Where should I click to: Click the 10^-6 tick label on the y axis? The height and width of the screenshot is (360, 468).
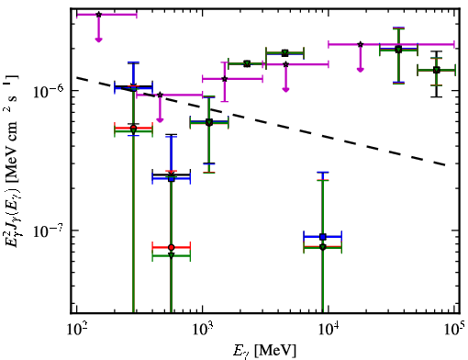(48, 91)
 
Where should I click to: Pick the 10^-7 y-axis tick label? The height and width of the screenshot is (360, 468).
(48, 231)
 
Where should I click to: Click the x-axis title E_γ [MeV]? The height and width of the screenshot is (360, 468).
(265, 351)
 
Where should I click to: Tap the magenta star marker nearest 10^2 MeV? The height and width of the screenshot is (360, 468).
(98, 15)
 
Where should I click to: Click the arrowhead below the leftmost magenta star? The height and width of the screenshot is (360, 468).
(98, 39)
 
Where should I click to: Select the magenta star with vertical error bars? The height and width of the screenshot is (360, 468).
(225, 79)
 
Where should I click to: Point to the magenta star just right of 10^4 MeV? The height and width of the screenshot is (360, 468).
(361, 44)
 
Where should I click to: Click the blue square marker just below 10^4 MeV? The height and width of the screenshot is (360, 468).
(322, 237)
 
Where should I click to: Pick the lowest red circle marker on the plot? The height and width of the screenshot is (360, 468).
(172, 247)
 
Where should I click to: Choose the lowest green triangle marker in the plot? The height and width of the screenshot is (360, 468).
(172, 255)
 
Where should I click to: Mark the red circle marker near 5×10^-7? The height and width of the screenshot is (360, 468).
(133, 128)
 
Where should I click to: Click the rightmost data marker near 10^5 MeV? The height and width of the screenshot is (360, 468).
(437, 70)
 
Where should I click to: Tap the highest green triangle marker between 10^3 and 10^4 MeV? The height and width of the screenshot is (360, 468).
(285, 53)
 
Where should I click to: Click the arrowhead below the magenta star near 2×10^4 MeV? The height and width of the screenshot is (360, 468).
(361, 70)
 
